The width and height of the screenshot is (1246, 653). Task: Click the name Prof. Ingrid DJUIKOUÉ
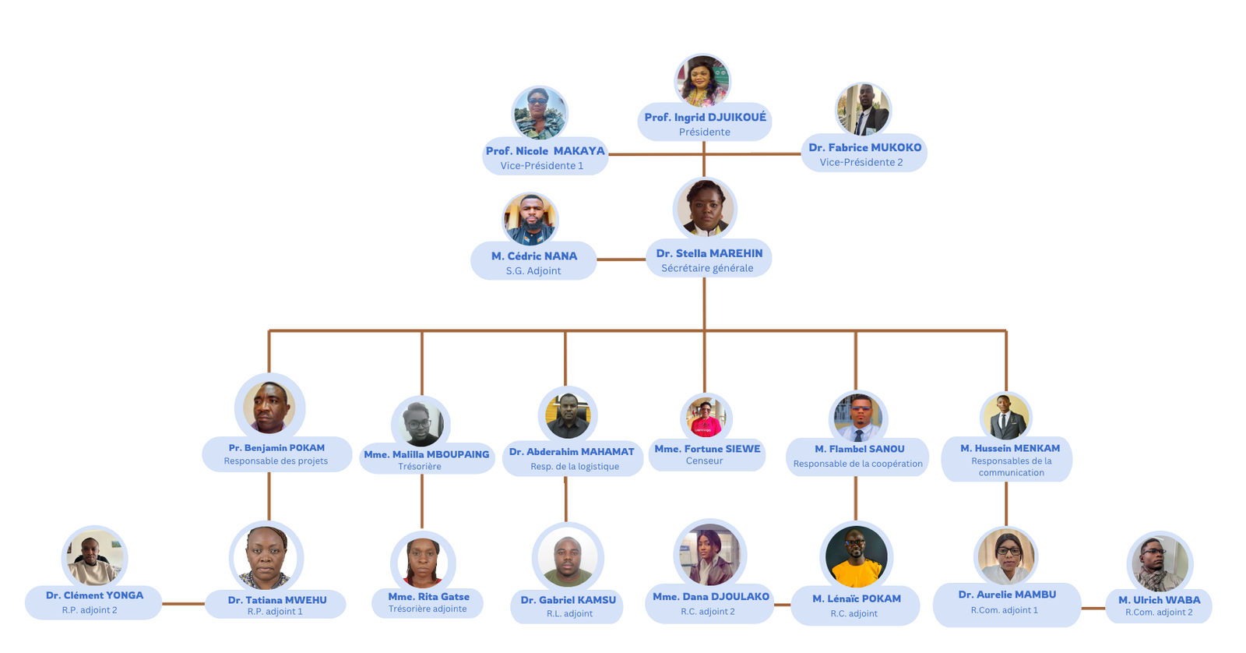click(x=705, y=117)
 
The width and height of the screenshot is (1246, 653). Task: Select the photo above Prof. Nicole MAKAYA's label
click(x=540, y=114)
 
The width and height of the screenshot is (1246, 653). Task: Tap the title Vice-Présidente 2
click(x=861, y=162)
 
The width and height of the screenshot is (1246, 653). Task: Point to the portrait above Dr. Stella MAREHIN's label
click(x=705, y=208)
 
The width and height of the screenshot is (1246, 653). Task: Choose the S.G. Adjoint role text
click(x=533, y=270)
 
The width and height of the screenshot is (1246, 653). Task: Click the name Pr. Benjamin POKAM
click(x=276, y=447)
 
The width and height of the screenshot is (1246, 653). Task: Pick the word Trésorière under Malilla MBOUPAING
click(x=420, y=466)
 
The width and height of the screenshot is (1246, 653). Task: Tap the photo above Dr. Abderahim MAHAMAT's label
click(x=568, y=415)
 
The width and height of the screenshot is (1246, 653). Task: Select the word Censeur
click(x=704, y=461)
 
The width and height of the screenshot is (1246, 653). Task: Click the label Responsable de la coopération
click(x=857, y=464)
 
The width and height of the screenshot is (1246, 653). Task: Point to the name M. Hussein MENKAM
click(x=1010, y=448)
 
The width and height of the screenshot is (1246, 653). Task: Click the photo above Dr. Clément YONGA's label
click(x=94, y=558)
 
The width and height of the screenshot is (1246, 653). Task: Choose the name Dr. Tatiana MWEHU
click(x=277, y=600)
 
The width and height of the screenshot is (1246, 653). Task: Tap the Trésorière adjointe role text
click(x=428, y=609)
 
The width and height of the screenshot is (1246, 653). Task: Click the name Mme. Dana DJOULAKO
click(x=710, y=596)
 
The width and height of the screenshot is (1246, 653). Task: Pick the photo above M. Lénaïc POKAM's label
click(x=856, y=556)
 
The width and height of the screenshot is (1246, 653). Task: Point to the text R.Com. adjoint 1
click(x=1004, y=610)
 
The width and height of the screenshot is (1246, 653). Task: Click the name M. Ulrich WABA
click(x=1159, y=599)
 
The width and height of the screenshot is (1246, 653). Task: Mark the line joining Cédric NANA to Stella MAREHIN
click(x=621, y=259)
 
